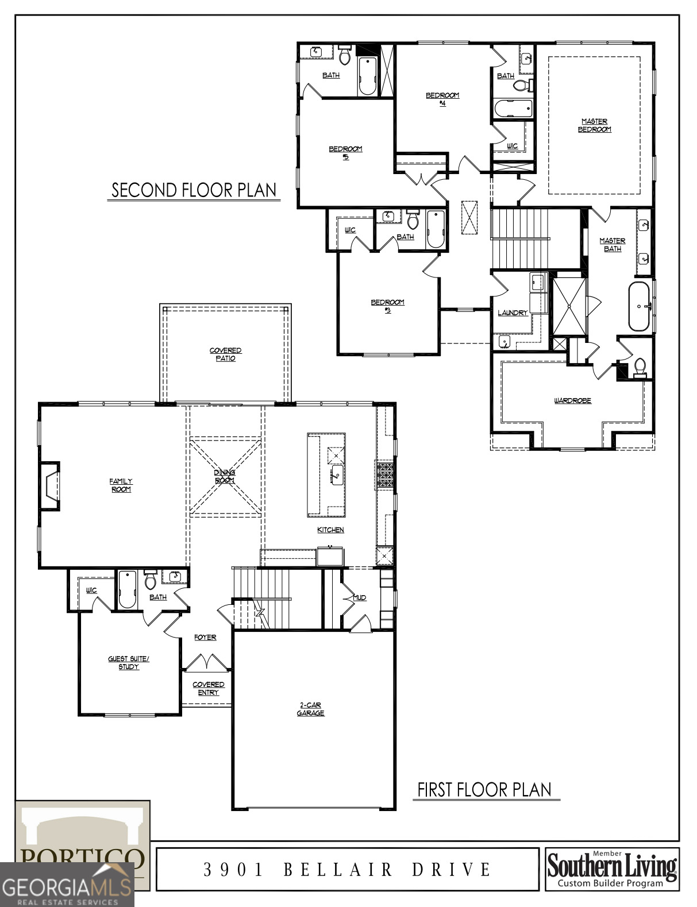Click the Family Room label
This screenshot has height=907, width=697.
tap(121, 485)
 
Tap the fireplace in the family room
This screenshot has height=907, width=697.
tap(50, 486)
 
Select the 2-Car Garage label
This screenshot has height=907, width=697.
tap(310, 709)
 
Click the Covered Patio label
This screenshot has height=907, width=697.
tap(225, 354)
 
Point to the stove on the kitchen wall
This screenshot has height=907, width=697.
tap(386, 476)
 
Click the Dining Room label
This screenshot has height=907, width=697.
tap(225, 476)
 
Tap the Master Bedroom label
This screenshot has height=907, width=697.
tap(594, 125)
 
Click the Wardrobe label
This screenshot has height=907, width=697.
tap(572, 400)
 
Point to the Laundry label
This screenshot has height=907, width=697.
tap(512, 312)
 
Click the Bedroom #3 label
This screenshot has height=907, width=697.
tap(387, 306)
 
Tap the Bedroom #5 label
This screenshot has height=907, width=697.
tap(345, 152)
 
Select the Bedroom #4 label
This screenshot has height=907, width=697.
tap(442, 99)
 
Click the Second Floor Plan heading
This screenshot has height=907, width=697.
tap(194, 190)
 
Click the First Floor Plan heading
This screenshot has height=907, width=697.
tap(484, 790)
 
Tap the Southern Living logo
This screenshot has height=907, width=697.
tap(612, 868)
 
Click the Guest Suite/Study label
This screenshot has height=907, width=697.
tap(129, 662)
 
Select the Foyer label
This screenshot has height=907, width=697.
tap(205, 637)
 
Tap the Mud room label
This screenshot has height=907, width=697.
tap(359, 598)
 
